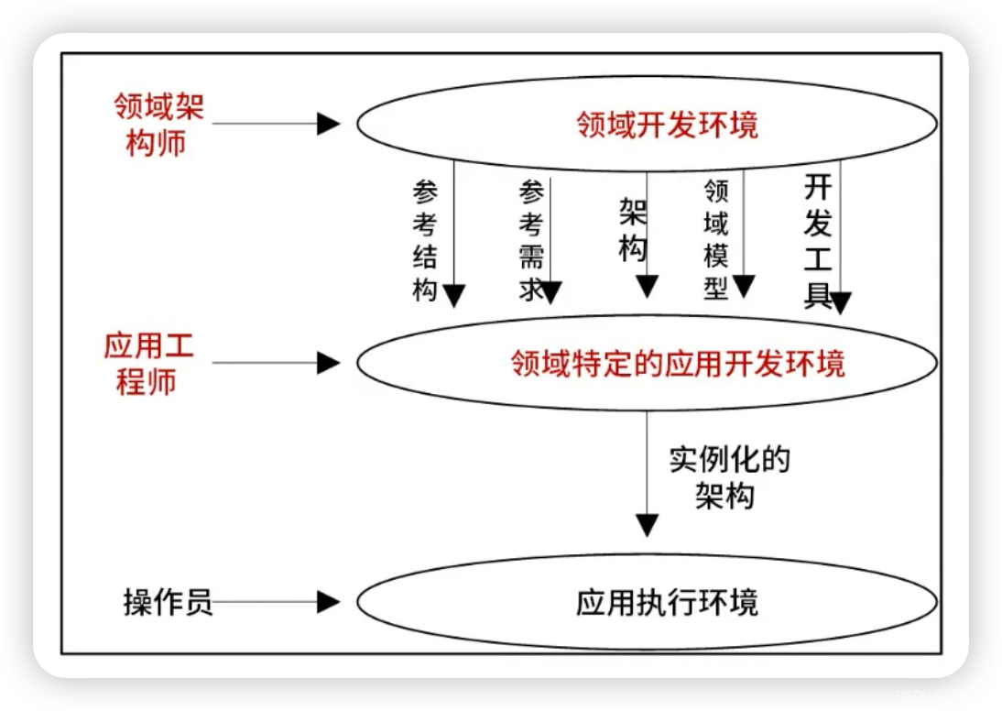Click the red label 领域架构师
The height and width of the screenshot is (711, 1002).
158,125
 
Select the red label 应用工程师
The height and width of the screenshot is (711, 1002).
147,364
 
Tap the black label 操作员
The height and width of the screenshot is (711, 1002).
168,602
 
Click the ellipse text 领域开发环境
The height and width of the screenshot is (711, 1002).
667,125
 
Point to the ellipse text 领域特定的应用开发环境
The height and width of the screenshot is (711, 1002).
678,364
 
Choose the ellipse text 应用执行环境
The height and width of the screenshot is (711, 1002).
667,603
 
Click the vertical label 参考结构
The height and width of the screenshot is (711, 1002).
425,241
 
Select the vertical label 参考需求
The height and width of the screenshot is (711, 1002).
531,241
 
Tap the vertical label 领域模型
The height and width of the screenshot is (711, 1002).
715,239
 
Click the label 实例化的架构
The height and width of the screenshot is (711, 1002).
729,477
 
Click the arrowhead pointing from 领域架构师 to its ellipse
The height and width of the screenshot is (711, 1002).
329,124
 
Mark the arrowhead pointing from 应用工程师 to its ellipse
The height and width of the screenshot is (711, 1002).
329,363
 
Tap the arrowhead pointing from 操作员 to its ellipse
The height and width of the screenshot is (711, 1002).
329,602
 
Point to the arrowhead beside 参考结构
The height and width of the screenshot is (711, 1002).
454,295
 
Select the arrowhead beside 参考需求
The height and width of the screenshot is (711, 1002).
550,292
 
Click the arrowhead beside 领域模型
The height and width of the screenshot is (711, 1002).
743,287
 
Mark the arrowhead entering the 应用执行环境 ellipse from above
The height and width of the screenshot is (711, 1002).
648,525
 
